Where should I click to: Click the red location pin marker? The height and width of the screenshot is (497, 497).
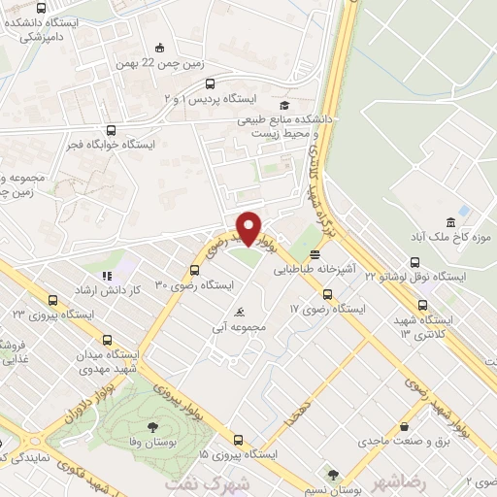[x=249, y=227]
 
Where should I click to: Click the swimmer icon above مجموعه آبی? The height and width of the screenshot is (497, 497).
[x=239, y=313]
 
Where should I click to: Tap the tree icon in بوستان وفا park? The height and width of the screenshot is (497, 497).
[x=151, y=426]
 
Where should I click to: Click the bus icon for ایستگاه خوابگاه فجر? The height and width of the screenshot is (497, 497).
[x=110, y=130]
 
